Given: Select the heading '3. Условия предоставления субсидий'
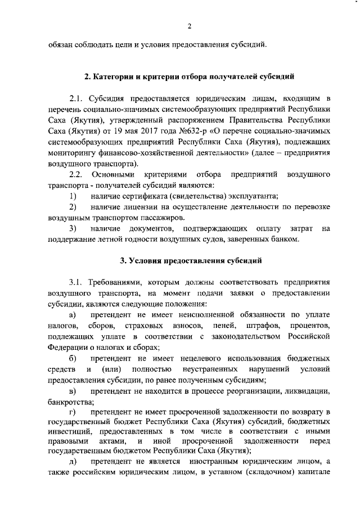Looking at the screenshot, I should tap(189, 260).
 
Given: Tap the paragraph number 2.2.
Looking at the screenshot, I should tap(76, 175).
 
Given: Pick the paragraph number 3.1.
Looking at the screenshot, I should tap(76, 282).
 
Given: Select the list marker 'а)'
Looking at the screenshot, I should tap(72, 314).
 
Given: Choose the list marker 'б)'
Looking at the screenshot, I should tap(72, 358).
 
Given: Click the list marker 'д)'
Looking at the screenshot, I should tap(72, 461).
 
